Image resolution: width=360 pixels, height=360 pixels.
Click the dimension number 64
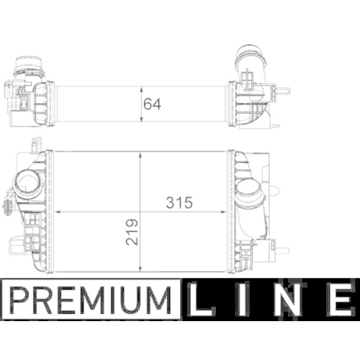[x=152, y=102]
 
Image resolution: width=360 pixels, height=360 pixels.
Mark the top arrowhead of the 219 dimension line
[x=141, y=153]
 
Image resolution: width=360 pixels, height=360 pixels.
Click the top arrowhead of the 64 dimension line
[x=141, y=87]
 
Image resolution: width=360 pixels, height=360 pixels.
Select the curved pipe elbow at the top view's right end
[x=253, y=65]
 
